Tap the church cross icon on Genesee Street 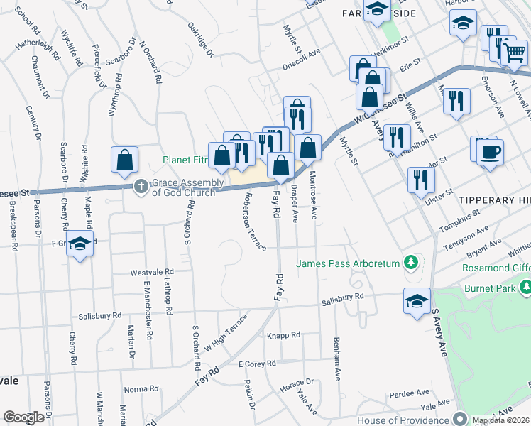pos(141,186)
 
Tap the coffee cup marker pos(491,151)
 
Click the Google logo pos(23,417)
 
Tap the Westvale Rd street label pos(152,272)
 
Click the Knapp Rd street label pos(283,334)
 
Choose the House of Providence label pos(403,420)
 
